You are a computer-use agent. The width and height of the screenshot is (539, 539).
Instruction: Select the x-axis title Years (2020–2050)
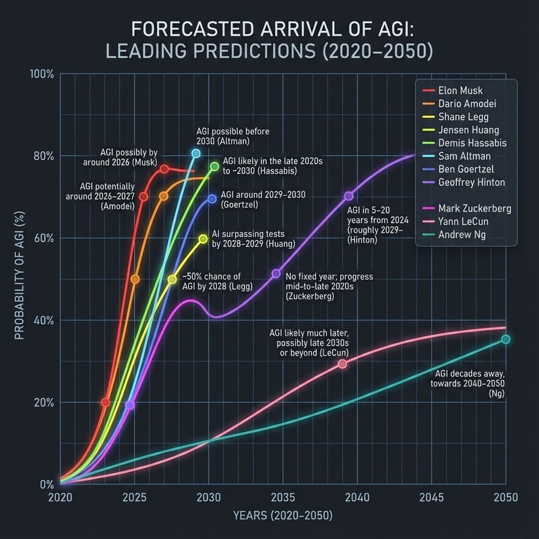(283, 517)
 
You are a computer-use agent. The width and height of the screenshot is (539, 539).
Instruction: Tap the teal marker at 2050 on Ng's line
(506, 340)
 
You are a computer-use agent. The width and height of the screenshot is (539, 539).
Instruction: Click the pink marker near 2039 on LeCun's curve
(342, 364)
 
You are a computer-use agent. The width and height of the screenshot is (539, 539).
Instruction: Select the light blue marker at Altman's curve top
(196, 154)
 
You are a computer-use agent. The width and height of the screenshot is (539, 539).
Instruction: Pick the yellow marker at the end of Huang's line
(203, 239)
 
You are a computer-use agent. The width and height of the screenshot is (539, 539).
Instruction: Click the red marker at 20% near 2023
(105, 402)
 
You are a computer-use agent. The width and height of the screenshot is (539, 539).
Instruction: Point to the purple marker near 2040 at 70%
(348, 196)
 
